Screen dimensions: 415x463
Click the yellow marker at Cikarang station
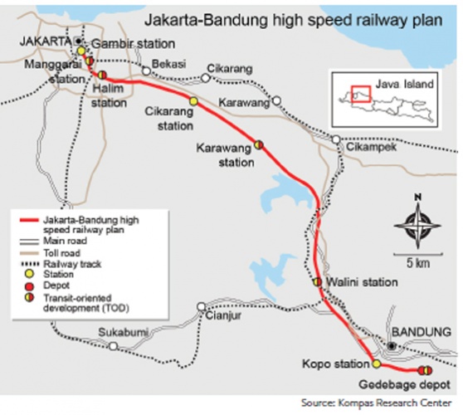coord(193,101)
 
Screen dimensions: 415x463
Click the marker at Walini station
coord(316,282)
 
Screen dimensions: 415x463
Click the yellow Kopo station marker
coord(376,364)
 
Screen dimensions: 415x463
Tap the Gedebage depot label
coord(408,385)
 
